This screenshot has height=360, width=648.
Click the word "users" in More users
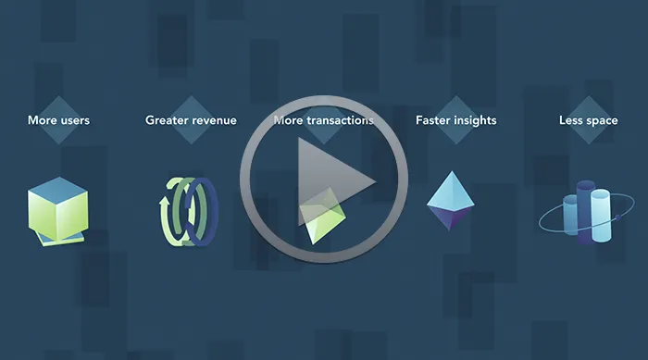[x=74, y=120]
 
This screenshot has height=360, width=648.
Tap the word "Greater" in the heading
[x=166, y=120]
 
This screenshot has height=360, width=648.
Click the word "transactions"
[x=340, y=120]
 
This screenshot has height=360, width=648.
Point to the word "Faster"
[x=432, y=120]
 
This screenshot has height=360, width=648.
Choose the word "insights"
[x=475, y=120]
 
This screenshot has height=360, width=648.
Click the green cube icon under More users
[x=57, y=211]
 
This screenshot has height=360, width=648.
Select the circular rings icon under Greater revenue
[x=189, y=212]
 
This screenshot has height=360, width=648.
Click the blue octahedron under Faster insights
[x=451, y=201]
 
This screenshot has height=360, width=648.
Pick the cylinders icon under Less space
[x=586, y=212]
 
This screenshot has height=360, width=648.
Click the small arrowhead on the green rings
[x=164, y=201]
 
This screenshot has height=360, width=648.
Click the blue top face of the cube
[x=57, y=190]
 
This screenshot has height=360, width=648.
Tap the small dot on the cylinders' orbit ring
[x=617, y=217]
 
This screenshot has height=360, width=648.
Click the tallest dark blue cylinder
[x=585, y=212]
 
